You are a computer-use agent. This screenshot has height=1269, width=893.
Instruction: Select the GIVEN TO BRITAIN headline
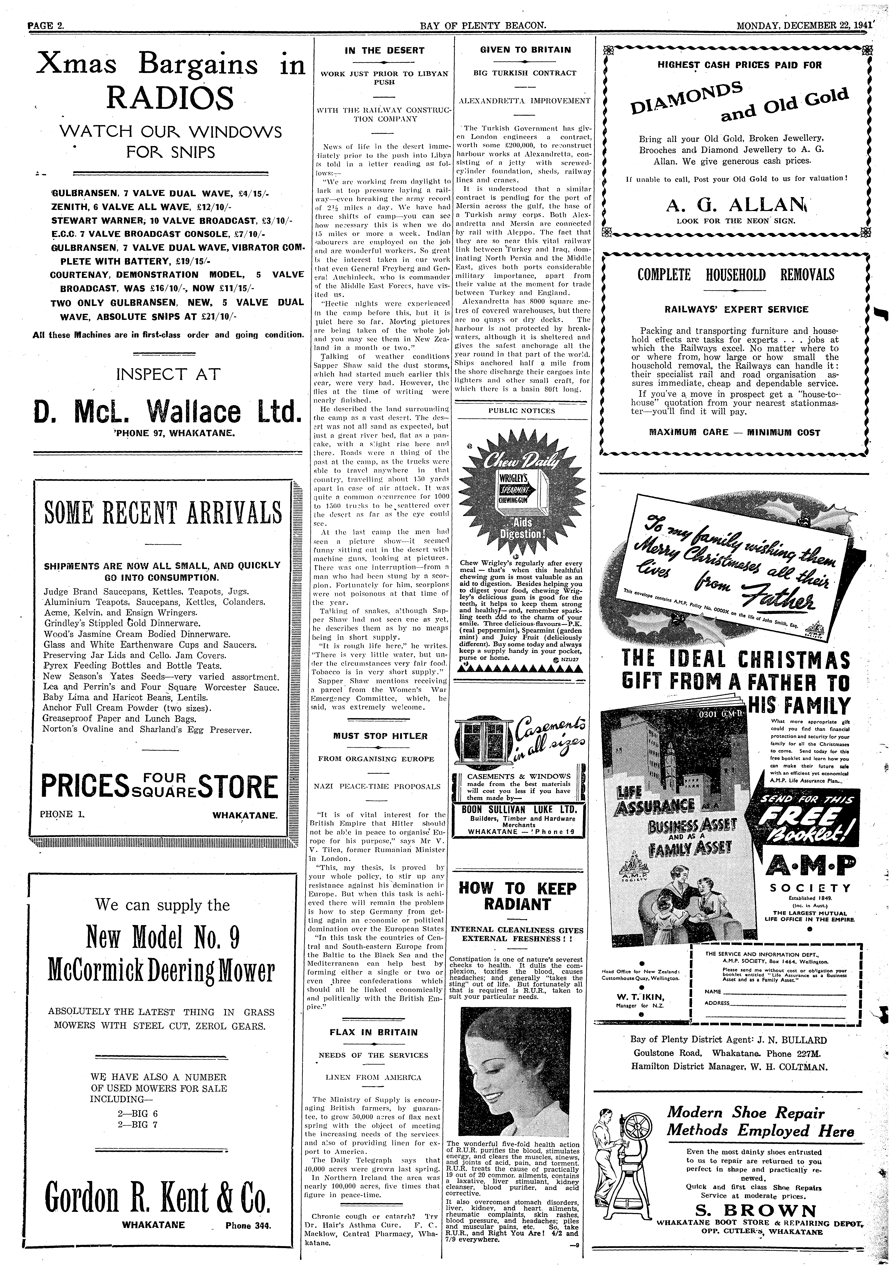(x=525, y=50)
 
